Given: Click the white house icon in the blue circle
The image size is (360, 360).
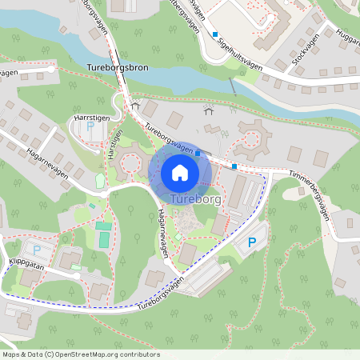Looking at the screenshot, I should tap(179, 173).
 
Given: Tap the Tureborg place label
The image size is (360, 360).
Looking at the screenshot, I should tap(196, 198).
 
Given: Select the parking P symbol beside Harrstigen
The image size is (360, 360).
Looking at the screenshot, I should tap(90, 126).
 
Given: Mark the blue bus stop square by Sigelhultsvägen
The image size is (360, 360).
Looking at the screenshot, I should tap(214, 34).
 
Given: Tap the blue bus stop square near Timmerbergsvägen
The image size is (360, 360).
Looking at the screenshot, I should tap(234, 166).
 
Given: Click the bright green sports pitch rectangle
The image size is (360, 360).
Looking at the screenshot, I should tap(104, 238).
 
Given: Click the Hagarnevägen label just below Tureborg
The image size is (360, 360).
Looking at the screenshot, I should tap(162, 223).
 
